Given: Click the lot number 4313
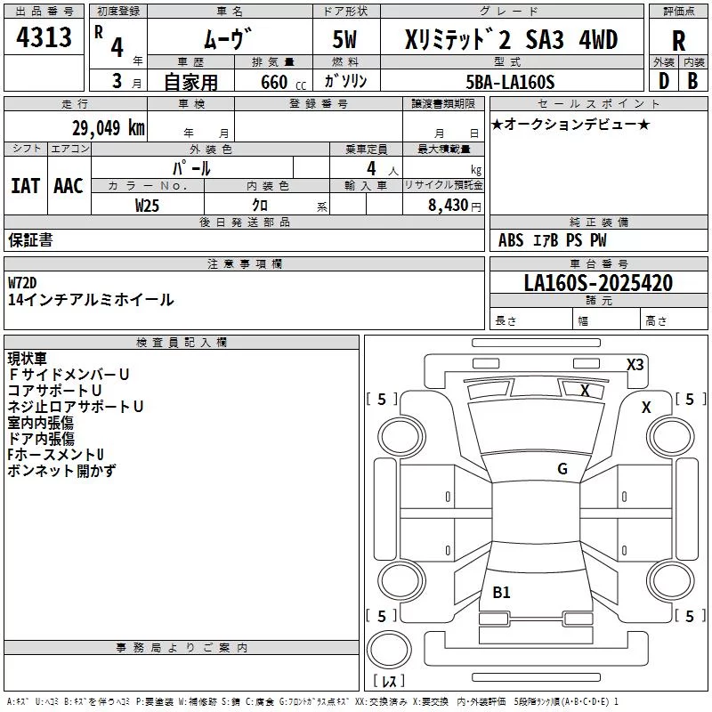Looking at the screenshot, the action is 44,36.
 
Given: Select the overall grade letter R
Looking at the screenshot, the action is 678,41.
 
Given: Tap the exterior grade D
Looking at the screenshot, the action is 663,81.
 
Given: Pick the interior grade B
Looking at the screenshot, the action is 692,81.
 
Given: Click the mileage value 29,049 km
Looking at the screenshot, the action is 109,128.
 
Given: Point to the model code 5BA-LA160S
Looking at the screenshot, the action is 510,82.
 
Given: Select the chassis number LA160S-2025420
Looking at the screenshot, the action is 598,282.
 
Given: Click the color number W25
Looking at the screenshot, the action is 147,206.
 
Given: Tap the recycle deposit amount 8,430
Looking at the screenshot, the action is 448,206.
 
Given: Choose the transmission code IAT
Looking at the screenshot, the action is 25,186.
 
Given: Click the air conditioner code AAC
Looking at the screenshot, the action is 69,186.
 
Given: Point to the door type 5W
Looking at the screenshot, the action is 344,39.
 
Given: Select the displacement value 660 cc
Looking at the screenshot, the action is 283,82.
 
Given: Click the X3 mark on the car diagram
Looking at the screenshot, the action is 635,365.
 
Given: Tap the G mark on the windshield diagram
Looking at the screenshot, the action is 562,469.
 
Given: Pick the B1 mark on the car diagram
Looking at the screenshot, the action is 501,592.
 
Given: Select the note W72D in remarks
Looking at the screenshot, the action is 22,283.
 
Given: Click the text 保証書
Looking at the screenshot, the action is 30,240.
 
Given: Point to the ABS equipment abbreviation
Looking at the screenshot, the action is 511,240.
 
